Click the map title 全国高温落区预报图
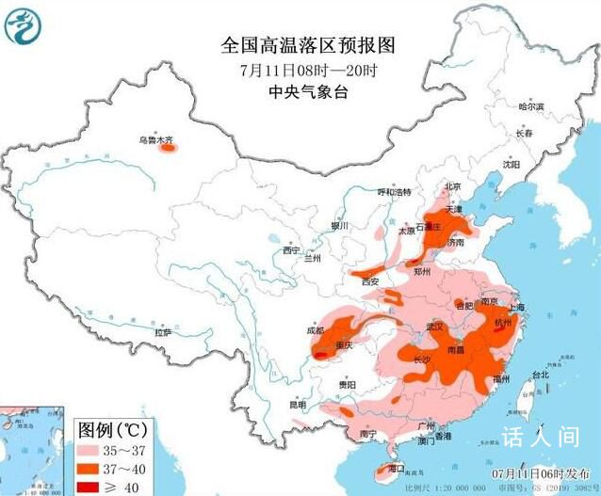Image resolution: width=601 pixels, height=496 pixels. pos(306,45)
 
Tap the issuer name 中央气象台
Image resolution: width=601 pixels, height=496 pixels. pos(307,92)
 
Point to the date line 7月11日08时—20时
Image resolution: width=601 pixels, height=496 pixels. pos(307,70)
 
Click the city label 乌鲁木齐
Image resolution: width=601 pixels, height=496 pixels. pos(156,139)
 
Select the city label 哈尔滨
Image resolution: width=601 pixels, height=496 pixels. pos(531,107)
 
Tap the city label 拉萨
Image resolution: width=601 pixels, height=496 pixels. pos(163,331)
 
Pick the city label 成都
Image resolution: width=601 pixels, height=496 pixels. pos(316,330)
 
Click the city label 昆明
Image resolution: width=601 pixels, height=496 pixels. pos(298,405)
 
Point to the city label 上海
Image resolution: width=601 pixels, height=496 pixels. pos(514,307)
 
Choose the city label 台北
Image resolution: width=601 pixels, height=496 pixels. pos(541,375)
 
